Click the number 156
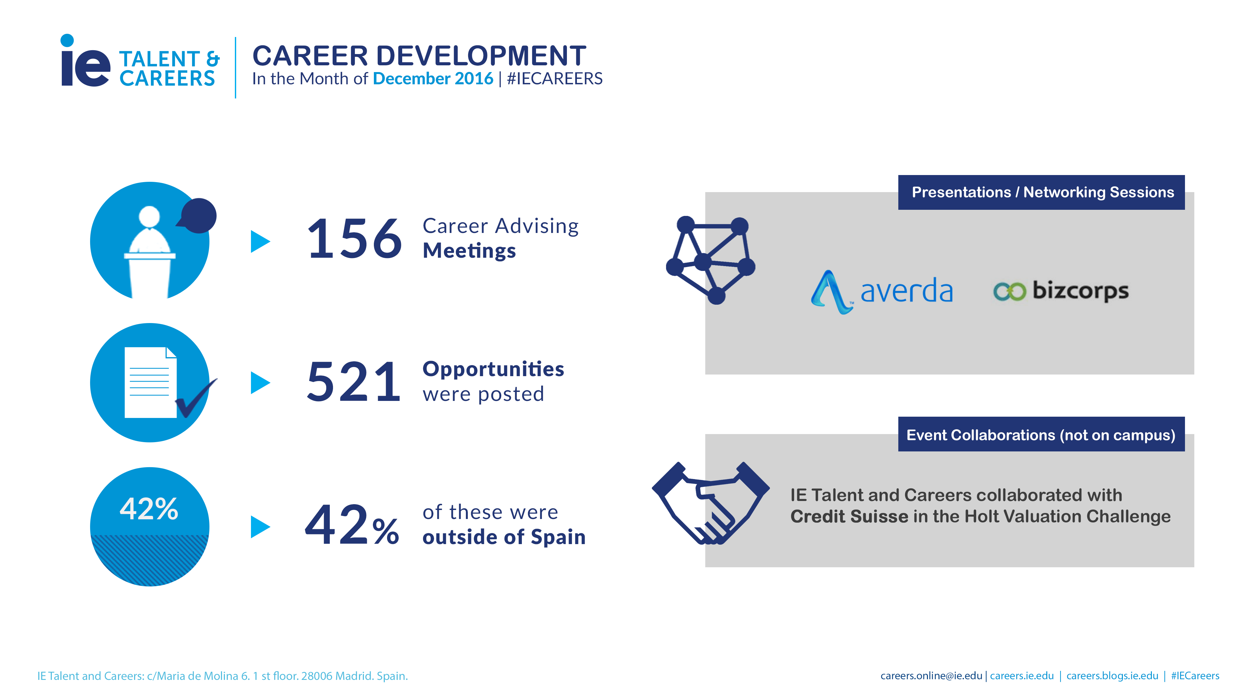coord(354,238)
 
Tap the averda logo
coord(881,292)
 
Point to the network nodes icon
coord(710,260)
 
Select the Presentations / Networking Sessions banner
coord(1041,192)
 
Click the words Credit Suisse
coord(849,516)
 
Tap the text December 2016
coord(433,79)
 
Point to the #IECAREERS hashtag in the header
coord(555,79)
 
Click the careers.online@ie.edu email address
coord(931,676)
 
